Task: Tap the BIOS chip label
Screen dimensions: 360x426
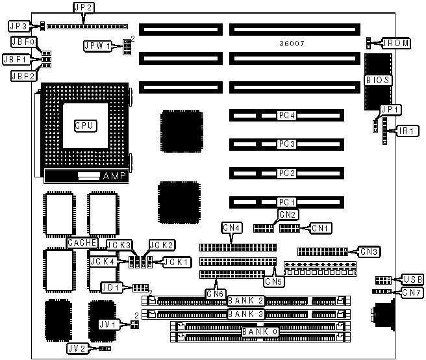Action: pos(378,80)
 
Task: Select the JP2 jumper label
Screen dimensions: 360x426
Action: pos(84,8)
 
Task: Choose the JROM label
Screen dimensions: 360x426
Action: pos(395,44)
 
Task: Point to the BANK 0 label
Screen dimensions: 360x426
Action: pos(260,332)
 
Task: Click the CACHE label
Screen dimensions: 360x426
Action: pos(82,243)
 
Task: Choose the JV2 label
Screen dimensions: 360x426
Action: pos(77,348)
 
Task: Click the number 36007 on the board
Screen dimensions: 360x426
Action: pos(292,44)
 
